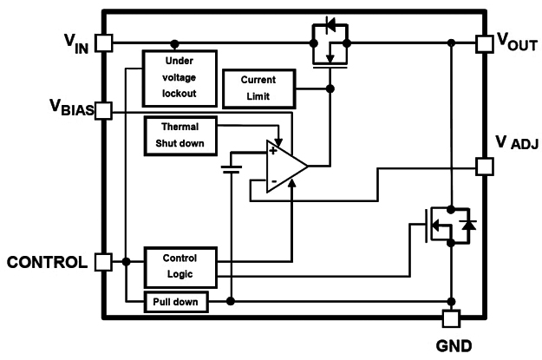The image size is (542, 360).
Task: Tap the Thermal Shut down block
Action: point(182,136)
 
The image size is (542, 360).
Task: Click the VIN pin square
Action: point(104,42)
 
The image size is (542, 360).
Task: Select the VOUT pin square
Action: point(485,42)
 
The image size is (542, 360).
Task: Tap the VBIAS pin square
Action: point(104,110)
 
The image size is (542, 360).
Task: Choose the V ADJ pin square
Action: point(485,165)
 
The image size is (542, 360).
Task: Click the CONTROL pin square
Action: point(104,261)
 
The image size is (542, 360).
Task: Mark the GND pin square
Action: point(451,318)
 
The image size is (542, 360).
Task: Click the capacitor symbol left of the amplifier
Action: point(231,167)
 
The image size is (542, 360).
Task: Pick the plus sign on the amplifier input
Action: point(273,150)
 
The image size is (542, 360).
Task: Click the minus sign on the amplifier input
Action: point(273,181)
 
